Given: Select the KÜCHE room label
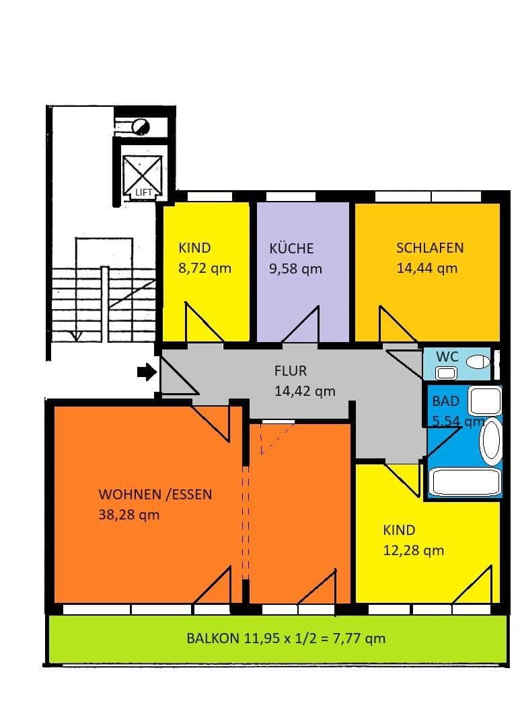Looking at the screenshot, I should [x=291, y=248].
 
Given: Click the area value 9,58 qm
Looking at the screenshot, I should [x=295, y=269].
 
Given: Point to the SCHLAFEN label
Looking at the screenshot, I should [x=430, y=247].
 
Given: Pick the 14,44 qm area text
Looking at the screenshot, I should [x=427, y=267].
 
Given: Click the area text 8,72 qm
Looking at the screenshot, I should [x=205, y=268].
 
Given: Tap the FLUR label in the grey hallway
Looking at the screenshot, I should [x=290, y=370].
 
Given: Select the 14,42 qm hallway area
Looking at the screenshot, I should [x=305, y=390].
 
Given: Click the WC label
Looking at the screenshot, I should [x=447, y=356].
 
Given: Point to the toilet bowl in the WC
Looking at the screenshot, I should [x=478, y=362].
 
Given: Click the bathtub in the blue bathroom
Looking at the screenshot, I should [x=465, y=482].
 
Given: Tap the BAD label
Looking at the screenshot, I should [x=446, y=401].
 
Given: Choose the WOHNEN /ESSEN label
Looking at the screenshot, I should [x=155, y=495].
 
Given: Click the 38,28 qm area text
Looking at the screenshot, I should [x=129, y=515].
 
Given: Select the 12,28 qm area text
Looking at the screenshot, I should [x=413, y=550].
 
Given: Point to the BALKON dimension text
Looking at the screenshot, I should [x=286, y=638].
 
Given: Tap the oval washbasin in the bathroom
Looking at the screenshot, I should [x=491, y=442].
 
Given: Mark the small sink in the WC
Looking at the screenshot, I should [x=445, y=372].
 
